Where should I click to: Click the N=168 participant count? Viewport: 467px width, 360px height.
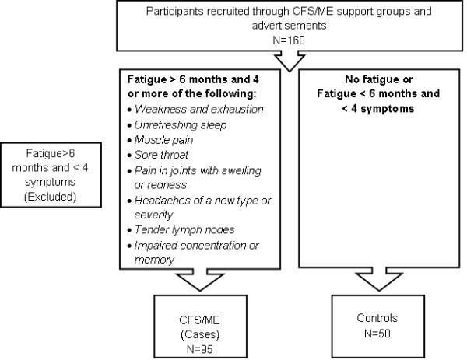(289, 40)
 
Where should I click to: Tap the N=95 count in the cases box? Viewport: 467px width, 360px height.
(200, 349)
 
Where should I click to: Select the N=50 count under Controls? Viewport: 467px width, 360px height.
(377, 334)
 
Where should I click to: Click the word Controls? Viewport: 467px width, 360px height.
(377, 318)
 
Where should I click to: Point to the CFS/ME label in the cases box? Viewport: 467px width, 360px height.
(200, 320)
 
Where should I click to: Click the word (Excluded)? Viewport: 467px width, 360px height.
(51, 197)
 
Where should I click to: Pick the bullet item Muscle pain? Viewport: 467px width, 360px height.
(163, 140)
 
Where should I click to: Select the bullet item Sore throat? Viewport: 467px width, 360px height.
(161, 155)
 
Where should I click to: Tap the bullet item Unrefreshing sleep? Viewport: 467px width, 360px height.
(181, 125)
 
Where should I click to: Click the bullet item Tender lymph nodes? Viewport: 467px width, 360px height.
(184, 229)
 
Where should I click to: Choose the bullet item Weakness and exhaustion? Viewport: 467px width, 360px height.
(199, 109)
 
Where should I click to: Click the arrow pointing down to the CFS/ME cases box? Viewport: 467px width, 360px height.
(200, 280)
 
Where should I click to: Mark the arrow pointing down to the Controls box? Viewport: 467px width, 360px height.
(379, 279)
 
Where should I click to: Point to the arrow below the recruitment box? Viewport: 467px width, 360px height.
(290, 61)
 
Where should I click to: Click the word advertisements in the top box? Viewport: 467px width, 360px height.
(290, 26)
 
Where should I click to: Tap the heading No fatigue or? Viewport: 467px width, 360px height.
(379, 79)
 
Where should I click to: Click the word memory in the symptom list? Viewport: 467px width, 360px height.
(154, 260)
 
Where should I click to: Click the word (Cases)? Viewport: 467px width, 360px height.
(200, 334)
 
